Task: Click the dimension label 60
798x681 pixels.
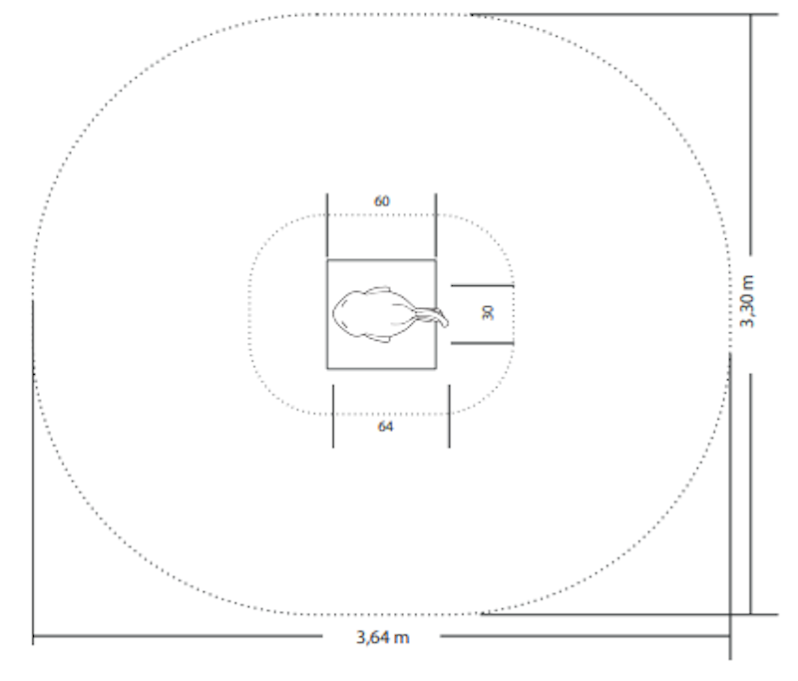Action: pyautogui.click(x=382, y=201)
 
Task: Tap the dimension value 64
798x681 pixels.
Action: pyautogui.click(x=385, y=427)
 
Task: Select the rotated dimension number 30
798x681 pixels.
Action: pyautogui.click(x=488, y=313)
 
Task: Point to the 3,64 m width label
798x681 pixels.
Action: pyautogui.click(x=382, y=637)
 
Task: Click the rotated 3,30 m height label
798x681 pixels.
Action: pyautogui.click(x=746, y=301)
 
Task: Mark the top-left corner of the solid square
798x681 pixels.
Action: pyautogui.click(x=327, y=260)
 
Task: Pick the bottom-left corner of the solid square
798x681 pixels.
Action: pyautogui.click(x=327, y=368)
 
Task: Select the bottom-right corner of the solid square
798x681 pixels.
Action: pyautogui.click(x=436, y=368)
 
